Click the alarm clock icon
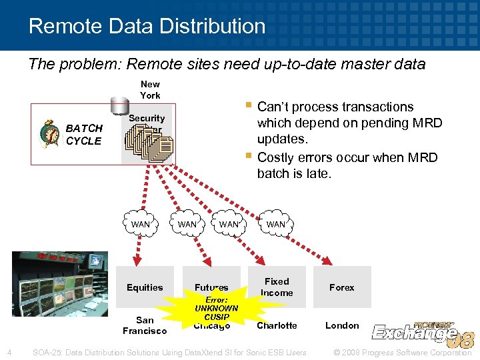pos(49,133)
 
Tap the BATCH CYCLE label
pos(84,134)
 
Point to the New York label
pos(150,89)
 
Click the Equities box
pos(145,287)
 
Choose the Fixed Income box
pos(277,287)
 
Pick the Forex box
pos(341,287)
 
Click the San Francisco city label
pos(145,325)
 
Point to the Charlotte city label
pos(277,325)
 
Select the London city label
pos(342,325)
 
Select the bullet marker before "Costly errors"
pos(248,157)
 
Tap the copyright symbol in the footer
pos(336,352)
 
